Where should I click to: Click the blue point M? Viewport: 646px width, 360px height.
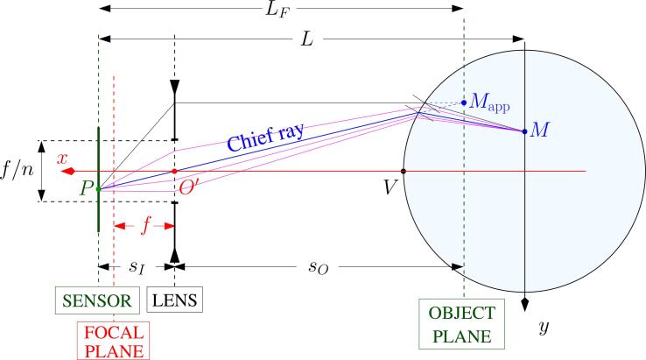coord(524,131)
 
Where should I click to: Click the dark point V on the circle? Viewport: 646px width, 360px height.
coord(404,171)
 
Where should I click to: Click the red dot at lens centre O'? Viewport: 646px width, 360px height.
coord(175,171)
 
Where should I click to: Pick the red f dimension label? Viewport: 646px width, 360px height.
coord(145,226)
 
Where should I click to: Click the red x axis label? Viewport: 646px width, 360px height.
coord(63,158)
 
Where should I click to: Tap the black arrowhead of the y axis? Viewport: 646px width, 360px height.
coord(524,303)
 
